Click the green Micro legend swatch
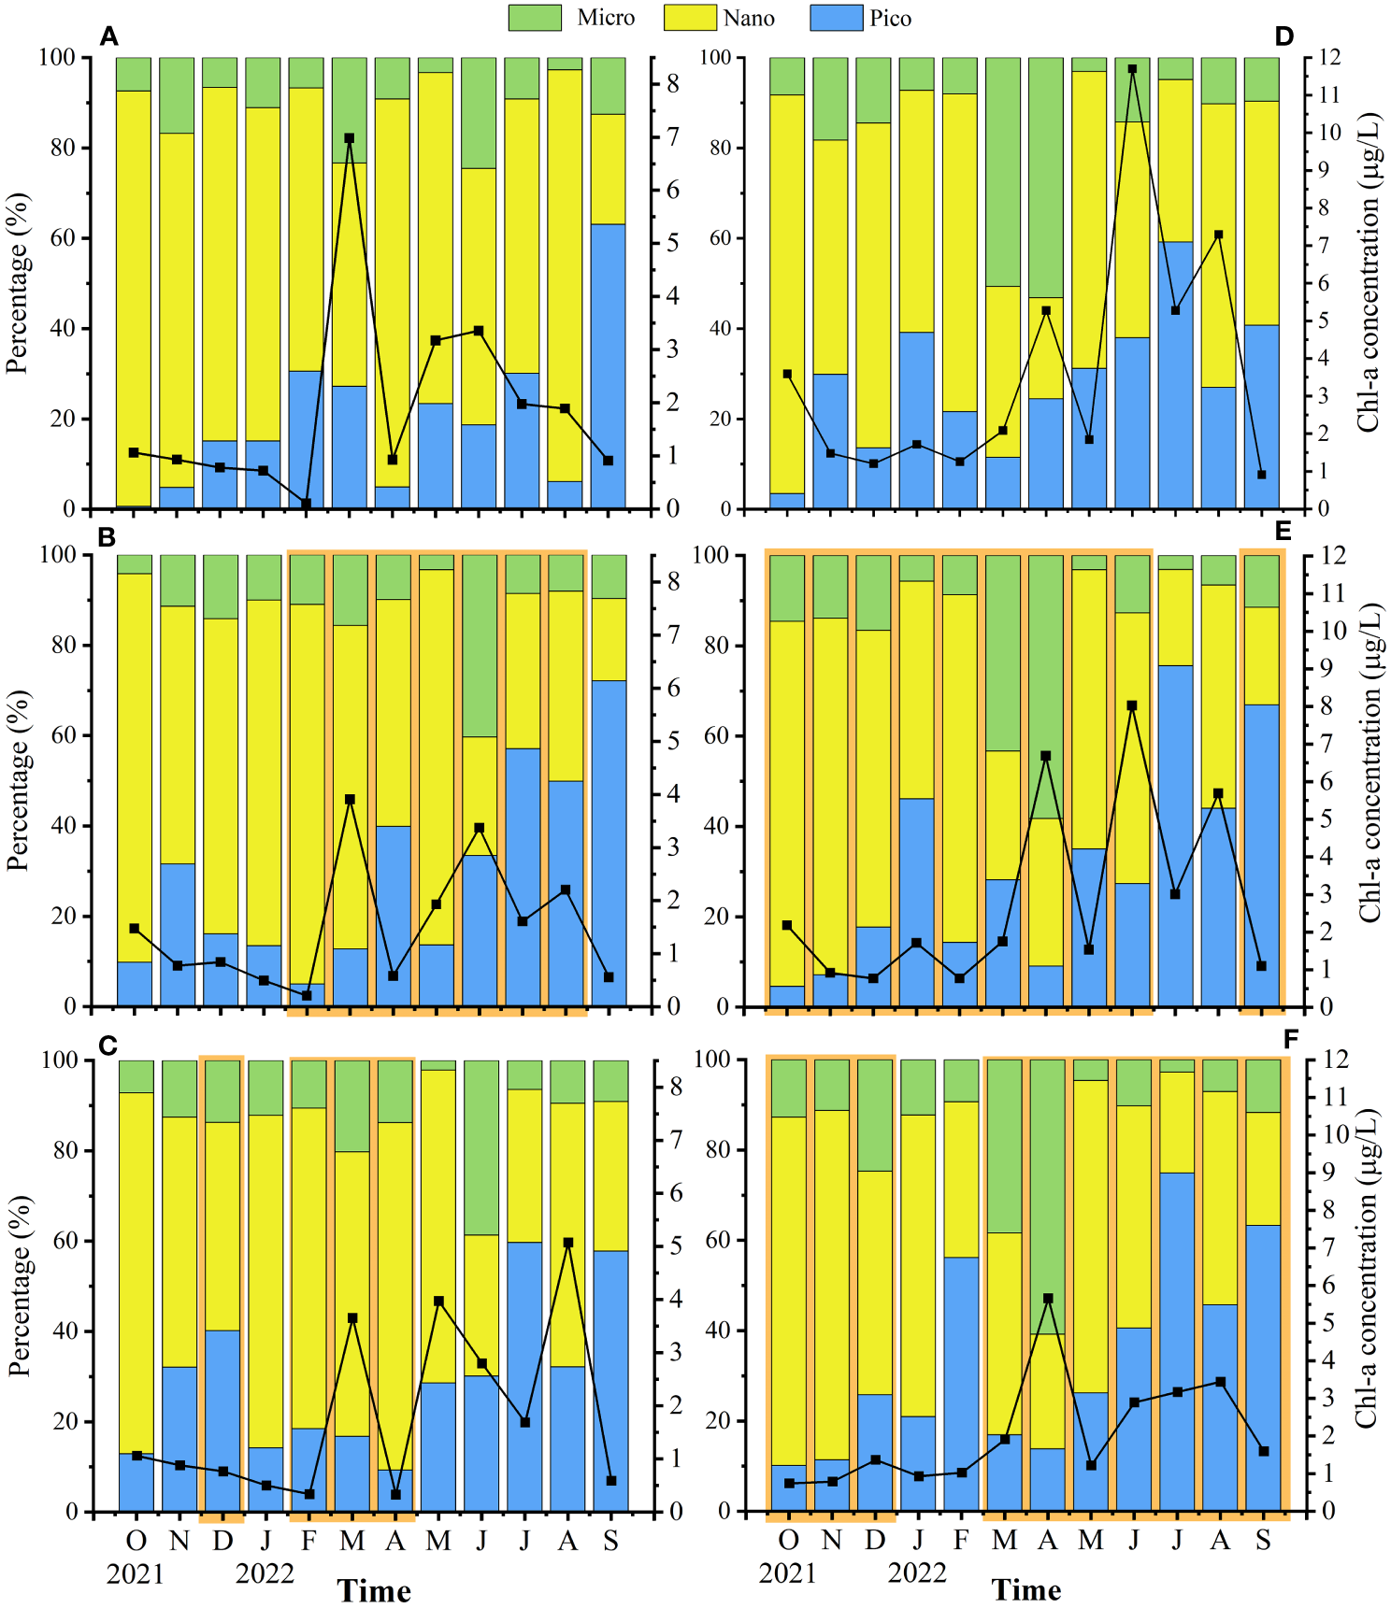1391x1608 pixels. point(535,18)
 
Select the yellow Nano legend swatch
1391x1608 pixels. point(690,18)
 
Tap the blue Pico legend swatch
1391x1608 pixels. point(836,18)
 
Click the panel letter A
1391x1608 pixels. point(109,37)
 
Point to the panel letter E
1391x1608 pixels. point(1283,532)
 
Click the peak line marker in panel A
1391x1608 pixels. point(350,138)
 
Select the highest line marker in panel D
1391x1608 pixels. point(1132,69)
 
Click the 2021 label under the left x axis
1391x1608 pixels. point(136,1574)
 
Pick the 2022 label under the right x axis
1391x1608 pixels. point(917,1573)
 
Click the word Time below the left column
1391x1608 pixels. point(374,1591)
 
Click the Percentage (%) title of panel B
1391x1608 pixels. point(18,780)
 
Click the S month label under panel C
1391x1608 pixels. point(610,1541)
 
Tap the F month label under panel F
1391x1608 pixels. point(961,1540)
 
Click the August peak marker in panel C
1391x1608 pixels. point(567,1243)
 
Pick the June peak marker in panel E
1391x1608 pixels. point(1132,705)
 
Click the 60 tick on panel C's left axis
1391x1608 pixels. point(65,1241)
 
